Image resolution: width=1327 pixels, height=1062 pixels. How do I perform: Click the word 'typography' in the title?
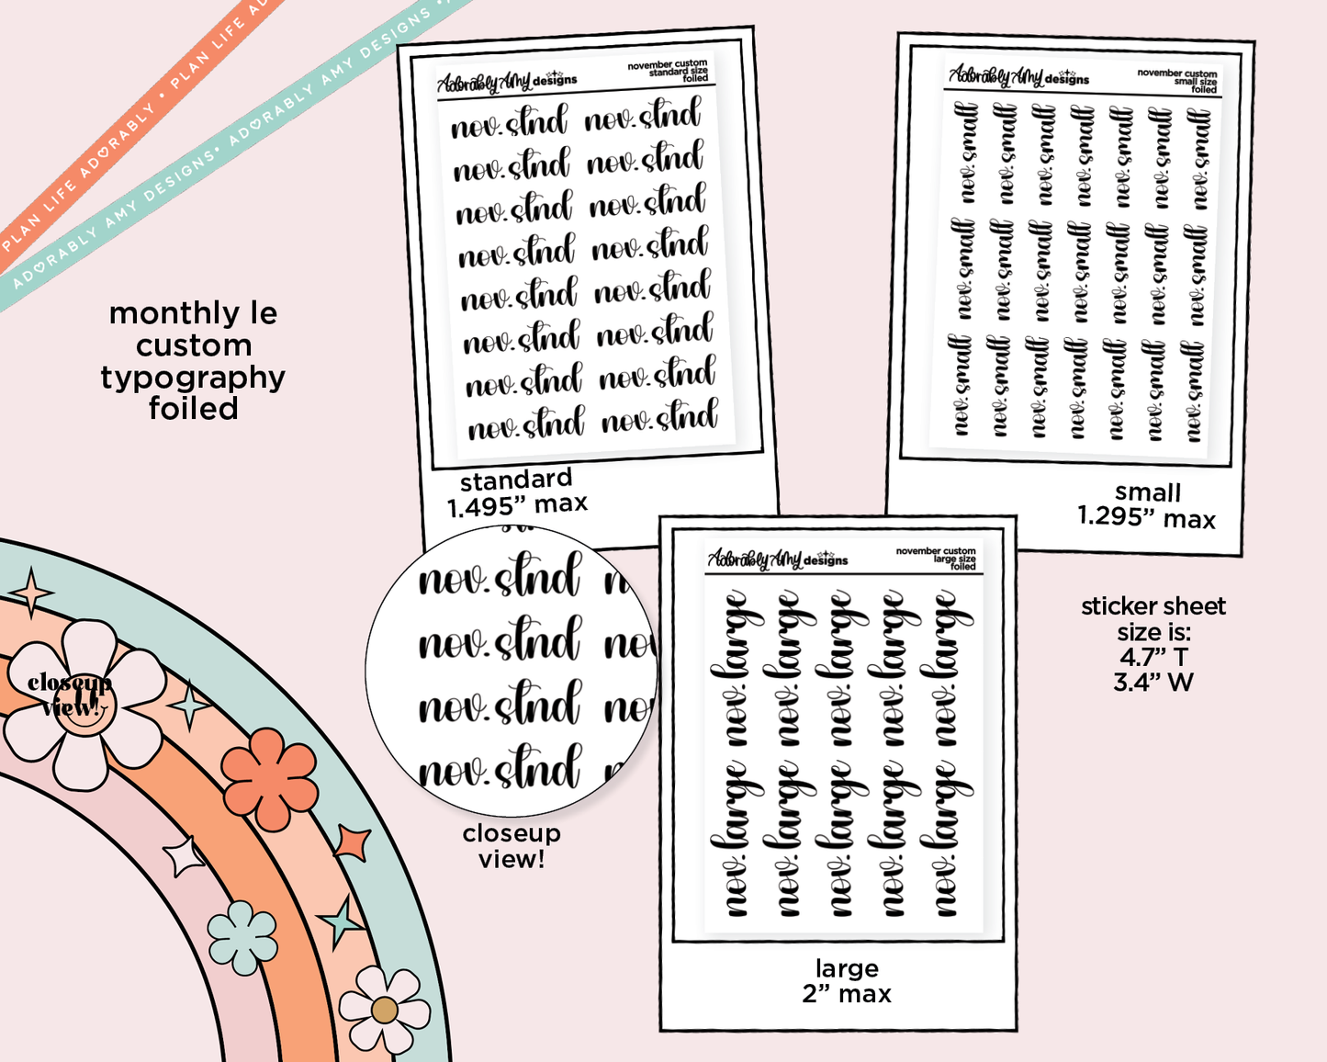(193, 378)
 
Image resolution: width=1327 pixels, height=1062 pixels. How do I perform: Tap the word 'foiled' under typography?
(193, 409)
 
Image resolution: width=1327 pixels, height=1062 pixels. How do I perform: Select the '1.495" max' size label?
(517, 505)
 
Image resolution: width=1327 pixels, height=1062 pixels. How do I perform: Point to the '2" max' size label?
(847, 994)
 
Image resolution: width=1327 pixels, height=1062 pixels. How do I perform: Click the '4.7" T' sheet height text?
(1153, 657)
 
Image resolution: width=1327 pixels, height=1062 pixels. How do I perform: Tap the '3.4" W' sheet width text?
(1153, 682)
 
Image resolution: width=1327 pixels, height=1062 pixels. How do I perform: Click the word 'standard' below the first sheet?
(516, 480)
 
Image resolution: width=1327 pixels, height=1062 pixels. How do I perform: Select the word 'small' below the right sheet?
(1148, 492)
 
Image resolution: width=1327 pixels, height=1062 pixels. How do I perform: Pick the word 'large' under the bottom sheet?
(847, 968)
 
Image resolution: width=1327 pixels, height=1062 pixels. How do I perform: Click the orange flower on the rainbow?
(269, 778)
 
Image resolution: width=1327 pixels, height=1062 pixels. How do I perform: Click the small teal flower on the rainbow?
(242, 937)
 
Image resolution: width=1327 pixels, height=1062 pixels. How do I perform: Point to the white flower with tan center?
(384, 1010)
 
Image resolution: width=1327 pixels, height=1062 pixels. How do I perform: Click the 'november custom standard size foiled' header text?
(669, 72)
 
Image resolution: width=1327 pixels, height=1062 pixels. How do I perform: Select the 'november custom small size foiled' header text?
(1177, 81)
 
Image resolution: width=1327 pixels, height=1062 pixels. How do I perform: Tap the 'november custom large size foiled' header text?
(937, 559)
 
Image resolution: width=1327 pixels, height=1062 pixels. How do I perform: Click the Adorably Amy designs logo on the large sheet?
(777, 559)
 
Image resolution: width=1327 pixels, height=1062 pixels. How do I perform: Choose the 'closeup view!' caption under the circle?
(512, 846)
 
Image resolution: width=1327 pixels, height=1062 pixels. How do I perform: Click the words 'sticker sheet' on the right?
(1153, 606)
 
